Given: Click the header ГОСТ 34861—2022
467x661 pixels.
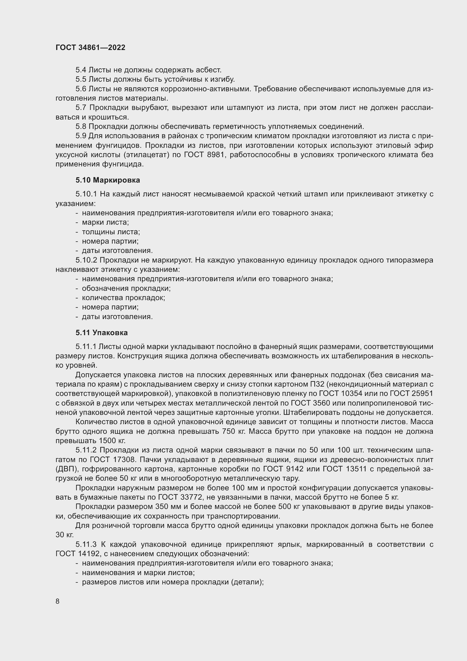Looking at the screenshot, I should coord(90,47).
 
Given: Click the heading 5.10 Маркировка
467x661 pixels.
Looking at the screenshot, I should coord(108,180).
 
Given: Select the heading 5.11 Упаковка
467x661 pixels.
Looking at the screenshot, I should coord(102,333).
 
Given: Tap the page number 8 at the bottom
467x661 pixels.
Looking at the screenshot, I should coord(58,601).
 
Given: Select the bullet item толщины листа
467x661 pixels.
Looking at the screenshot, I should coord(111,232).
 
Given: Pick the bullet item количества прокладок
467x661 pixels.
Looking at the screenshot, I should coord(123,298).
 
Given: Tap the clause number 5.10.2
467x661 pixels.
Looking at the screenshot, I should coord(86,260).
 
